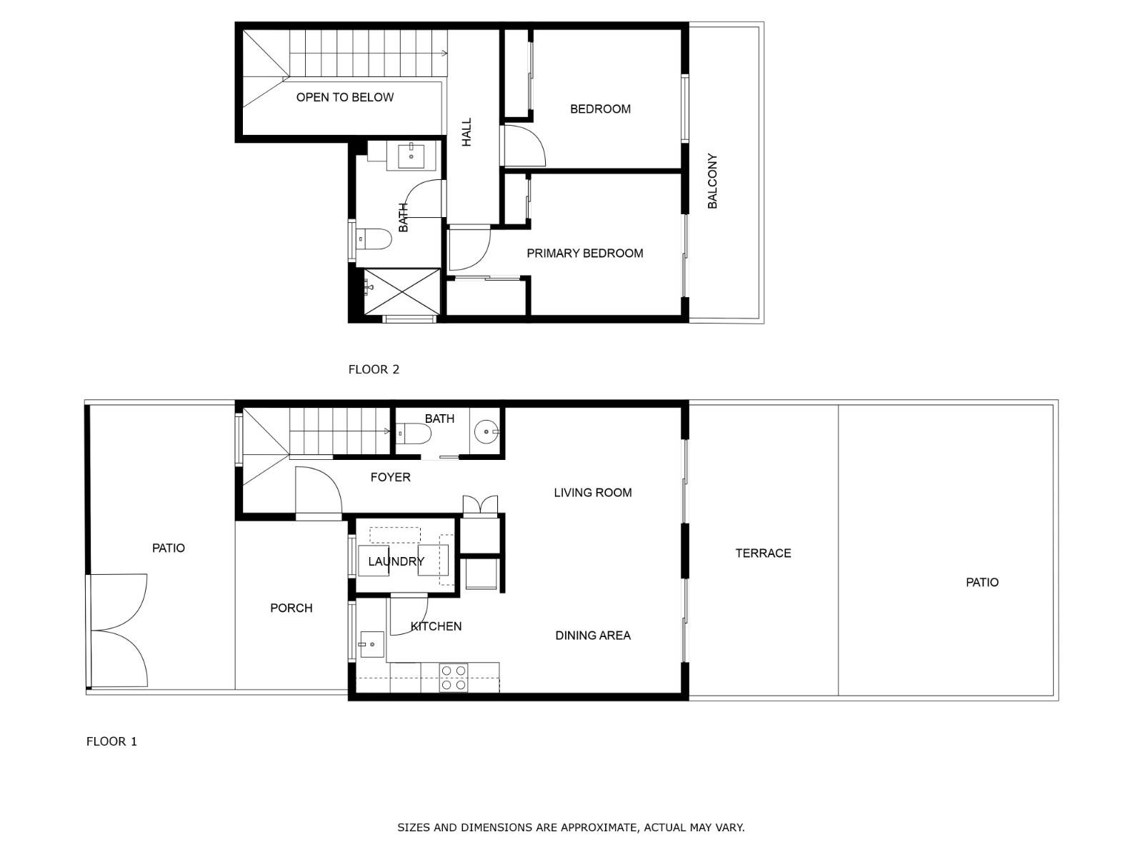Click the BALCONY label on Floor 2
(x=712, y=181)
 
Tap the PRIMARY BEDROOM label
(x=585, y=254)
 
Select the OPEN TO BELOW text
(x=345, y=97)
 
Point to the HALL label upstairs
(x=466, y=132)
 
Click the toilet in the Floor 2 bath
(x=374, y=239)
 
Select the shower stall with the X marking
(x=401, y=292)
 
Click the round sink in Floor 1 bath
(x=486, y=431)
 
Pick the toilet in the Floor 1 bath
(x=414, y=433)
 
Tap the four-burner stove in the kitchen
(x=453, y=678)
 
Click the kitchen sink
(x=371, y=644)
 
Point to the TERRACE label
(x=763, y=553)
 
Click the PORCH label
(x=291, y=608)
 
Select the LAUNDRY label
(x=396, y=561)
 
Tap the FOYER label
(x=390, y=477)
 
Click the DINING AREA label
(x=593, y=636)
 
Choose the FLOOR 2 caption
(x=374, y=369)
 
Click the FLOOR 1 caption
(x=111, y=741)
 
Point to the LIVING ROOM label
(x=593, y=493)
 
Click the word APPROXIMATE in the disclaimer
(x=599, y=827)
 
